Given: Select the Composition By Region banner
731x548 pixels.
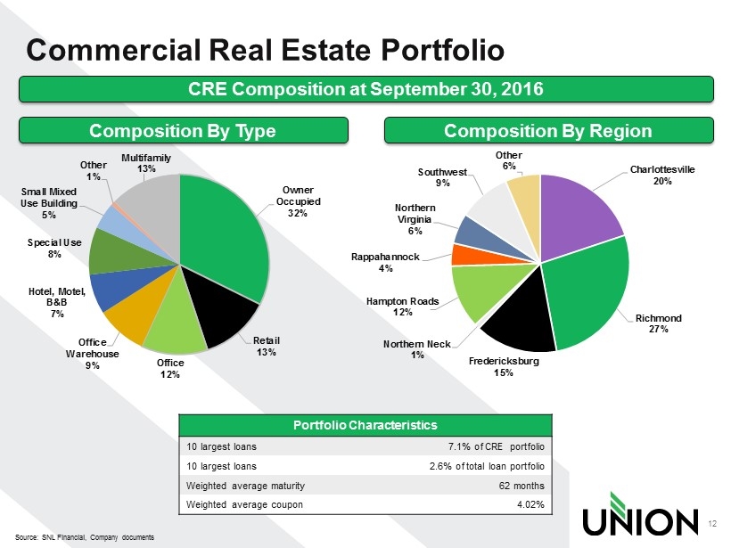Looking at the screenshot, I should tap(549, 130).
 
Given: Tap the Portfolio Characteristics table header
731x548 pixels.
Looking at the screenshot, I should tap(365, 424).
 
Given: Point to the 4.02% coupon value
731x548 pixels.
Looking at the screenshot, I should tap(529, 504).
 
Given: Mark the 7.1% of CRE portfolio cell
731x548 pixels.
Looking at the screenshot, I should tap(490, 446).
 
